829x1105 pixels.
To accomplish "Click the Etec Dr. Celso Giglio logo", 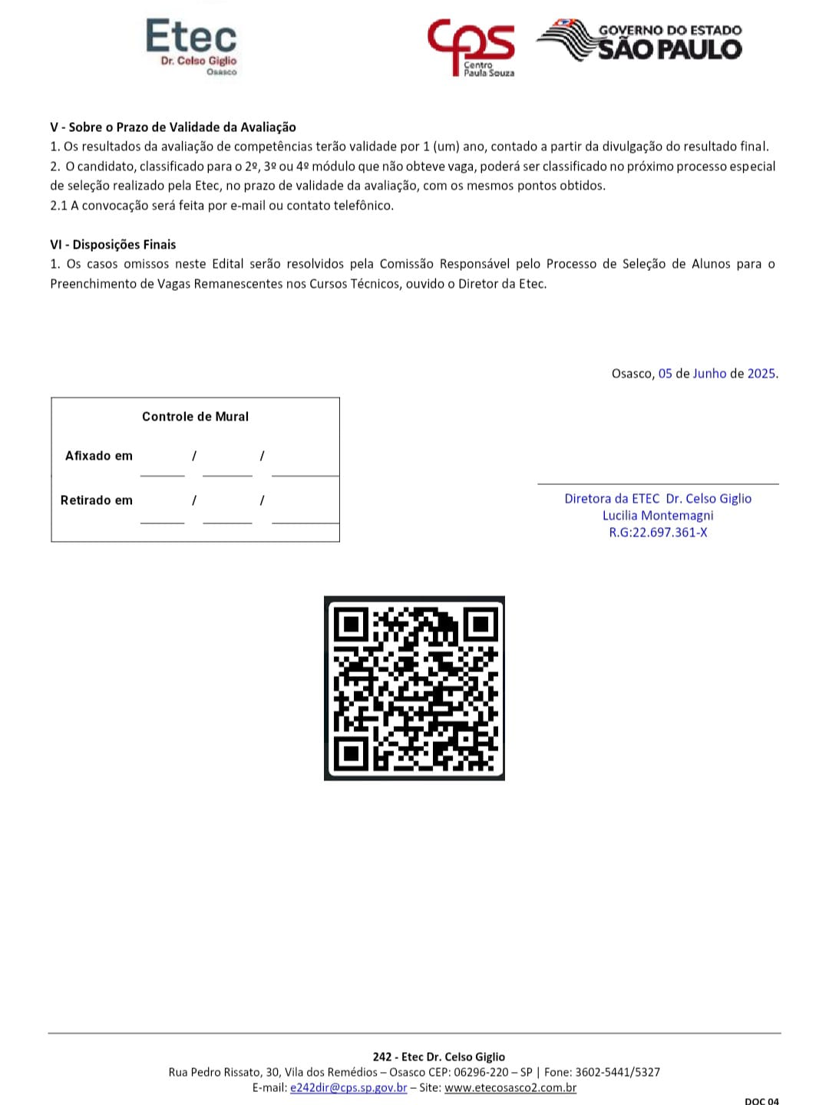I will (x=192, y=46).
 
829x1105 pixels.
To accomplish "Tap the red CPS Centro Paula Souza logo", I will (x=471, y=48).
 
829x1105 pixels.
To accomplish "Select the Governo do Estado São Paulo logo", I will (x=640, y=41).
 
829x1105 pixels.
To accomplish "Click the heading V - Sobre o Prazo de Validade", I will (x=173, y=127).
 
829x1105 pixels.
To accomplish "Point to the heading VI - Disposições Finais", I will (x=113, y=245).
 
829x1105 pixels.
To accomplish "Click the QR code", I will (x=414, y=688).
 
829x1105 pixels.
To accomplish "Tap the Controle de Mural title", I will (x=195, y=417).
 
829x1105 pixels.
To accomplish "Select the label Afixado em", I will (x=99, y=456).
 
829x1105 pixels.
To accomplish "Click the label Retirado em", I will (x=97, y=500).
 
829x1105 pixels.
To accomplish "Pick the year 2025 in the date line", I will (x=761, y=374).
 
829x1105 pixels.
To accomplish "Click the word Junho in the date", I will (x=709, y=374).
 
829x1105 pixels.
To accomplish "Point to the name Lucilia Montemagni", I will (x=658, y=516).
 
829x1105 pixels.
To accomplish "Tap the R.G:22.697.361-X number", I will (x=658, y=533).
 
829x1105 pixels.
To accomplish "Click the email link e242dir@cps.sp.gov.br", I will (x=348, y=1087).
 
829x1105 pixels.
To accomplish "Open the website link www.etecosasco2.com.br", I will (x=510, y=1087).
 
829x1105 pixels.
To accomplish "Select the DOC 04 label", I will (x=761, y=1100).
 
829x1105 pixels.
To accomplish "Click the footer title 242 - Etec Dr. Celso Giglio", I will (x=439, y=1057).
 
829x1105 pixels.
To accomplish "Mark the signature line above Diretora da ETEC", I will (x=658, y=483).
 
